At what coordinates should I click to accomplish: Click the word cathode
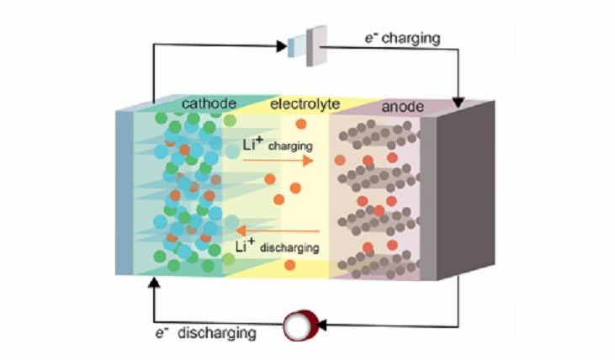[x=209, y=103]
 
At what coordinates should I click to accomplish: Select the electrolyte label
[x=305, y=104]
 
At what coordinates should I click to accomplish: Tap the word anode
[x=403, y=107]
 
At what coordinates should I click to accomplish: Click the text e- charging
[x=403, y=39]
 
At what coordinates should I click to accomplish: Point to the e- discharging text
[x=206, y=333]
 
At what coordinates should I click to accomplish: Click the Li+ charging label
[x=278, y=145]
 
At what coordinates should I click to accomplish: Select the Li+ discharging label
[x=278, y=246]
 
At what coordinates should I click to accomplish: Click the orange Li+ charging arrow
[x=278, y=161]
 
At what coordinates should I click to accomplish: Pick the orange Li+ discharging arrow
[x=278, y=230]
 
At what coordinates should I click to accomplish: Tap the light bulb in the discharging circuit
[x=300, y=326]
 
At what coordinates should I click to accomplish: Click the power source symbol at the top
[x=308, y=46]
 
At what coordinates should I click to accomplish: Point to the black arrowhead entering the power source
[x=282, y=46]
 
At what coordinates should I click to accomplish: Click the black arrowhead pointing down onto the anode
[x=459, y=103]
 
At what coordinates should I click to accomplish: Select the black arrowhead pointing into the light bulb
[x=321, y=326]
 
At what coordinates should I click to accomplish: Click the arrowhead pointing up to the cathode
[x=154, y=283]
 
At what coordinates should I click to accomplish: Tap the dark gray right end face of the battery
[x=465, y=191]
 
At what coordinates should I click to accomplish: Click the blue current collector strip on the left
[x=125, y=193]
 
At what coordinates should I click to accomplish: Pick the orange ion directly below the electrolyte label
[x=301, y=124]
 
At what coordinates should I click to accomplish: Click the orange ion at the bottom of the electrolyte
[x=290, y=265]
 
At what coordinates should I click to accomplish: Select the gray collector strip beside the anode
[x=428, y=199]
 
